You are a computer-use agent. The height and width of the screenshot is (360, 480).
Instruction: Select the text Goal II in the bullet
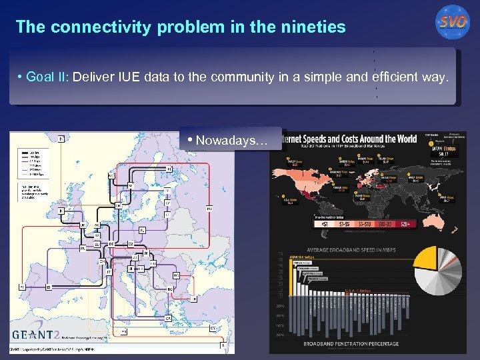[47, 77]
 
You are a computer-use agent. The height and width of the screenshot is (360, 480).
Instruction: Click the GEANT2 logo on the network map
[43, 334]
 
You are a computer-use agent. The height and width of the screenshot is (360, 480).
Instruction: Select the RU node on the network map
[208, 209]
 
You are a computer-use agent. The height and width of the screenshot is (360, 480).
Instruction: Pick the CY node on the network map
[213, 328]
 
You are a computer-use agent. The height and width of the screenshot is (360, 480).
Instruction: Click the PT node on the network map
[21, 286]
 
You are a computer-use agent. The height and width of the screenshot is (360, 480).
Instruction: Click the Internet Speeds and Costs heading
[351, 139]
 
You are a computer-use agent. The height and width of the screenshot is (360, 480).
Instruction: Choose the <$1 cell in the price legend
[324, 225]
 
